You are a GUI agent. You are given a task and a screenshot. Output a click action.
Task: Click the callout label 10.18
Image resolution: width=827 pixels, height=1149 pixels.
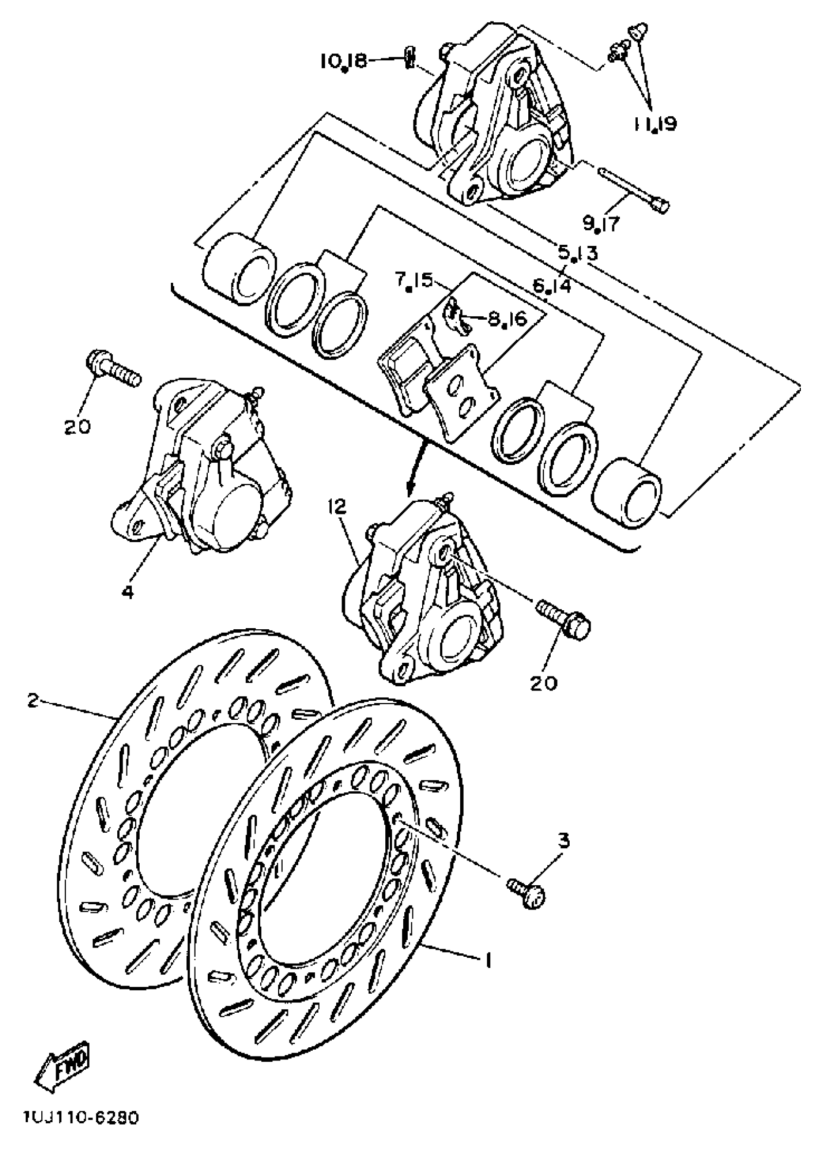343,61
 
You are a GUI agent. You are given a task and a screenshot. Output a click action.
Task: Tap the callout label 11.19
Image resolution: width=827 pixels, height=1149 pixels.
655,124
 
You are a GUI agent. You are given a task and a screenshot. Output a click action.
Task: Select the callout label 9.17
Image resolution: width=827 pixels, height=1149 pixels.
601,223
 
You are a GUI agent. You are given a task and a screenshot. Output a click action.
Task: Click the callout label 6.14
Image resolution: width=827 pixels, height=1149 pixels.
552,286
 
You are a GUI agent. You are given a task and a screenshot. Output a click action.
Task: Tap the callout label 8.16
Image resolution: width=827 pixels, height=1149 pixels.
507,319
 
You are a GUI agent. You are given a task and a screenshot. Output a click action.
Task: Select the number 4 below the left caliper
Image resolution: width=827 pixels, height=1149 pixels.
128,591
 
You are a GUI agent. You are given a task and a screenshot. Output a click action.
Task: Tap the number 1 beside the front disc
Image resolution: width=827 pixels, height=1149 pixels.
488,960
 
